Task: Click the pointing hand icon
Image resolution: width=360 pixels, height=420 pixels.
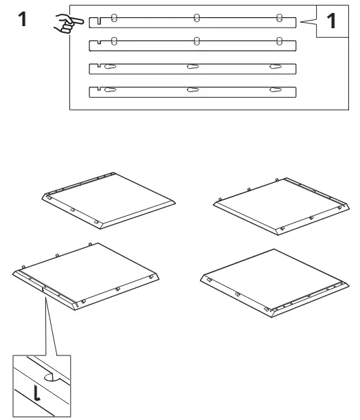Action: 68,23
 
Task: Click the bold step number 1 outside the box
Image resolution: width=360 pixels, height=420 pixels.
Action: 23,19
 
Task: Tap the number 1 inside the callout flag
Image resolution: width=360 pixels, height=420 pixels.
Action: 331,21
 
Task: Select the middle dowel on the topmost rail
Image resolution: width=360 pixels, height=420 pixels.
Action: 196,18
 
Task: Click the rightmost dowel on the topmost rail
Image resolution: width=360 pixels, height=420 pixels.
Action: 279,18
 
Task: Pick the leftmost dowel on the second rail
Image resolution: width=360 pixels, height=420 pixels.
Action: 114,41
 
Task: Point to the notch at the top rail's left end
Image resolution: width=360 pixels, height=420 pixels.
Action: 100,21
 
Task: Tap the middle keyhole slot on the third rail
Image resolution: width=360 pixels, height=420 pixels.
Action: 193,67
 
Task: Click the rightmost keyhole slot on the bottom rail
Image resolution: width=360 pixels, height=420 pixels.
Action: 275,90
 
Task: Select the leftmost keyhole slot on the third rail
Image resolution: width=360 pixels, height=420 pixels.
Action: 110,67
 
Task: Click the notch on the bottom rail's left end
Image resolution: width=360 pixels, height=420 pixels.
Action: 100,89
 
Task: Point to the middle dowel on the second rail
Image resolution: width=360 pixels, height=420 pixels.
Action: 196,41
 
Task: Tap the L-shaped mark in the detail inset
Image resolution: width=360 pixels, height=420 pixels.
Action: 36,393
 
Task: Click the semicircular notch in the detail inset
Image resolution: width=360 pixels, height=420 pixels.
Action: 50,377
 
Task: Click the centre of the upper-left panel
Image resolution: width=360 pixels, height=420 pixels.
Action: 109,201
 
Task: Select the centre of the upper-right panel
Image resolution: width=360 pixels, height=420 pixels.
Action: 281,206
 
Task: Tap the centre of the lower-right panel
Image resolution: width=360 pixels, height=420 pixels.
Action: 275,283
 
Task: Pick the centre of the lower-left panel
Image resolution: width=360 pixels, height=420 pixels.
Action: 86,276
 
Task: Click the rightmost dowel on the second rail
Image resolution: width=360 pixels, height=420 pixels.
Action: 279,41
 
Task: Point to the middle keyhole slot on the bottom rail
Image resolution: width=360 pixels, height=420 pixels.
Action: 193,90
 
